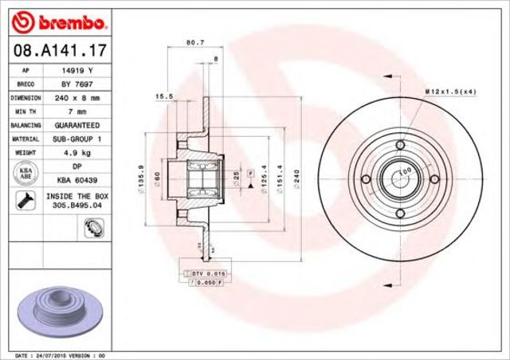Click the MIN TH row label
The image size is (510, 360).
pos(21,112)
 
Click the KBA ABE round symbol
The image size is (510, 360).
pos(23,174)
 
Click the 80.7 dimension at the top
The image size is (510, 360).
pos(192,42)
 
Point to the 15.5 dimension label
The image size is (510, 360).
pos(163,97)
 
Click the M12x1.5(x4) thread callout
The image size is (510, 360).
pos(450,93)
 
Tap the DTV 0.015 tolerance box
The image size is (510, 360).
pos(199,273)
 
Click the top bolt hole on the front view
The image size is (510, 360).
pos(399,144)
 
